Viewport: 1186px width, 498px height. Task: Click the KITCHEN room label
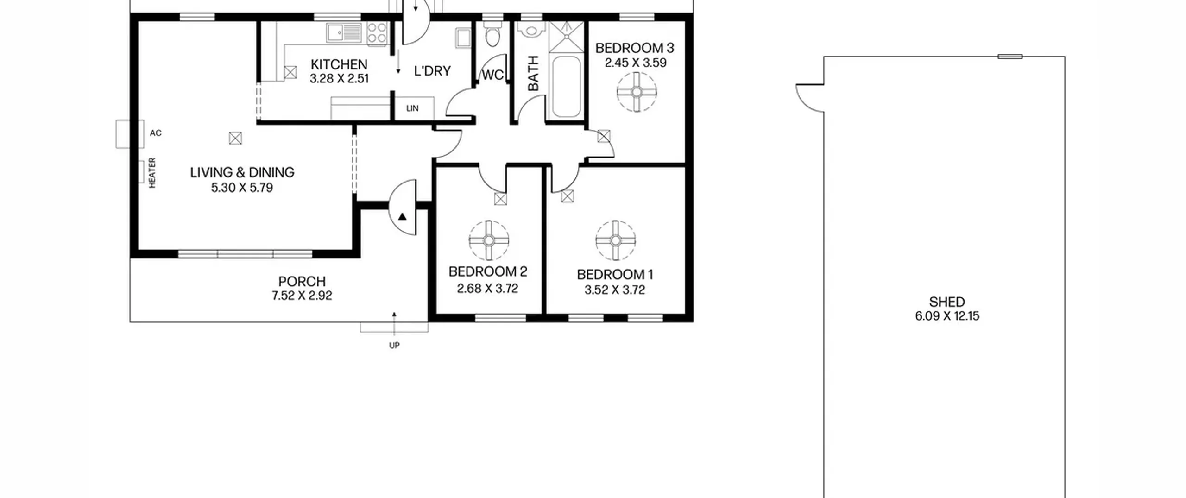pos(339,64)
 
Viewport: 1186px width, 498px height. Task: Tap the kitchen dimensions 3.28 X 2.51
pos(339,79)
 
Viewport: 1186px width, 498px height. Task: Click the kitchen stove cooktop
pos(377,33)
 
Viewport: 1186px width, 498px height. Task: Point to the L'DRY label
pos(432,71)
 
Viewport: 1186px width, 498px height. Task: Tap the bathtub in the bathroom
pos(566,87)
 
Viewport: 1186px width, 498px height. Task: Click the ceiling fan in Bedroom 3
pos(637,92)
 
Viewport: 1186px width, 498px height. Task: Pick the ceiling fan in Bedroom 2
pos(489,240)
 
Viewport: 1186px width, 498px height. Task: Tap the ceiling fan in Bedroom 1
pos(615,240)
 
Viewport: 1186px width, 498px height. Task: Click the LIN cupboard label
pos(412,108)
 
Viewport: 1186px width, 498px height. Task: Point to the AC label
pos(156,133)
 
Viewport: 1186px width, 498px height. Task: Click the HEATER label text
pos(152,173)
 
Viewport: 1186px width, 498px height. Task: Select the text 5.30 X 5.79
pos(242,188)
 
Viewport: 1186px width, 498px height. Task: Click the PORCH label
pos(302,282)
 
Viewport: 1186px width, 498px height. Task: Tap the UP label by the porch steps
pos(394,345)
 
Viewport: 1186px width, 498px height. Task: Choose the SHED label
pos(947,302)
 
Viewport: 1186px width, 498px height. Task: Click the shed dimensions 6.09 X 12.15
pos(947,316)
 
